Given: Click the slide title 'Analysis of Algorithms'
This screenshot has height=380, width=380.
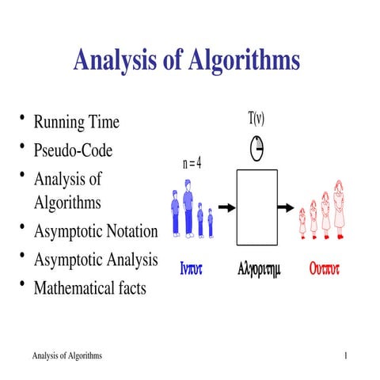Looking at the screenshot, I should [x=187, y=60].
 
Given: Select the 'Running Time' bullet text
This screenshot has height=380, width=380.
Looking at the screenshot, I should [x=76, y=122].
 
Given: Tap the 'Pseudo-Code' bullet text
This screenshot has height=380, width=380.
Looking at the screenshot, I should [x=73, y=150].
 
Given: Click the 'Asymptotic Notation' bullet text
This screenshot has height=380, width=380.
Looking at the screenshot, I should [x=96, y=231].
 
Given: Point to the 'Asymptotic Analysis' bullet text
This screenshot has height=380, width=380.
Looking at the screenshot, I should [x=96, y=260].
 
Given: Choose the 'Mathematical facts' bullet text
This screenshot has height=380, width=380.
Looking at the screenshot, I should [x=89, y=288].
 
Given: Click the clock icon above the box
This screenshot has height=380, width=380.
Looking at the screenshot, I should [x=256, y=147].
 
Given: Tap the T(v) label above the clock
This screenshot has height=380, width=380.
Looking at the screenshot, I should [x=256, y=119].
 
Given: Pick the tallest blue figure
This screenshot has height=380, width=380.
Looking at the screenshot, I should [x=188, y=207].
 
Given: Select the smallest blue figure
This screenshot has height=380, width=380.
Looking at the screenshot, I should [x=211, y=222].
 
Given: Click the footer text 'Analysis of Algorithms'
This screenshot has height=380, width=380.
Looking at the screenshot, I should [x=66, y=357].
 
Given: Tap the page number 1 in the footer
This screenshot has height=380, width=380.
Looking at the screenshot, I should [x=347, y=357].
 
